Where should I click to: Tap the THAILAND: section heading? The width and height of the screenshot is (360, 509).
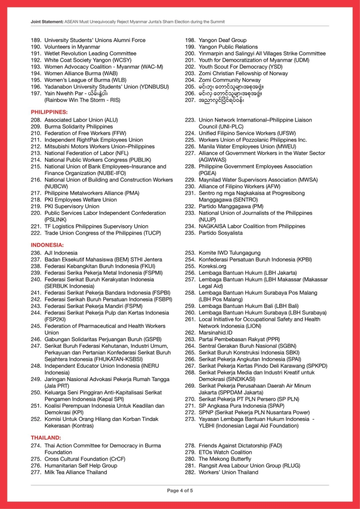[46, 437]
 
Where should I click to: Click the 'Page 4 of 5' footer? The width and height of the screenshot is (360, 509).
[180, 490]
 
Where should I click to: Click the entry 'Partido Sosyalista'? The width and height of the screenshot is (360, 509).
[221, 233]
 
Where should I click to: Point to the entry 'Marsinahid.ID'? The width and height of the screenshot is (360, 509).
[216, 333]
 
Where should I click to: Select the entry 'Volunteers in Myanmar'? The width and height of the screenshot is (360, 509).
[72, 46]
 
